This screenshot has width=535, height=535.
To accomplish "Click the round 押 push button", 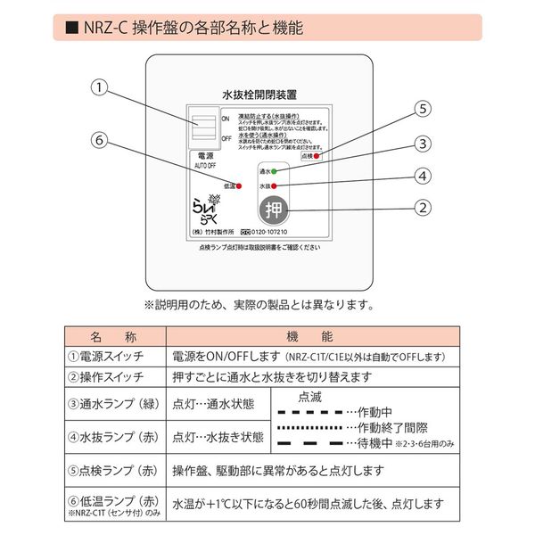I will pyautogui.click(x=273, y=211).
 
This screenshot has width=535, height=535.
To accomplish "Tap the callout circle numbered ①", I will pyautogui.click(x=101, y=87).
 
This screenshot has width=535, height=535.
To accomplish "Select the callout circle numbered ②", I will pyautogui.click(x=424, y=208).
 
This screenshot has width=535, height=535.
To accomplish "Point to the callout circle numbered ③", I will pyautogui.click(x=424, y=143).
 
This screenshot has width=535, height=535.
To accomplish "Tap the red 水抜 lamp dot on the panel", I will pyautogui.click(x=275, y=185).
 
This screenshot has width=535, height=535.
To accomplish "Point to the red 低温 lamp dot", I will pyautogui.click(x=238, y=185).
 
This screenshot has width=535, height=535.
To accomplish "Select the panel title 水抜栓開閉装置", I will pyautogui.click(x=259, y=92).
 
